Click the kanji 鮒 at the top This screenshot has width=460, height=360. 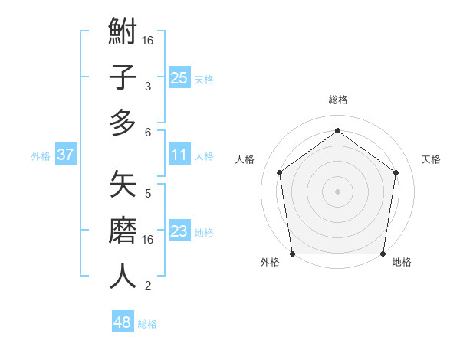point(123,33)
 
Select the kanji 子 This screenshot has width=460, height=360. point(123,78)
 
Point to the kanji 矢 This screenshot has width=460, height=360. point(123,185)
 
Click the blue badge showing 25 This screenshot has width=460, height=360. point(179,78)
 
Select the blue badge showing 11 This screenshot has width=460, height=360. point(179,155)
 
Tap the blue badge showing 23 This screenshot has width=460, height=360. point(179,231)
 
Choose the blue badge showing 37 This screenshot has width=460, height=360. point(66,155)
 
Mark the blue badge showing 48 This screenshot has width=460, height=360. point(122,322)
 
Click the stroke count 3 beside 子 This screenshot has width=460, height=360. point(147,86)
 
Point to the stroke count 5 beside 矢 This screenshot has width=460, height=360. point(147,193)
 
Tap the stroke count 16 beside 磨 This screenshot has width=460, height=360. point(147,239)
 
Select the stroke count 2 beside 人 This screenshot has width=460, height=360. point(147,285)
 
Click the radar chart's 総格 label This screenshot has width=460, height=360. point(337,100)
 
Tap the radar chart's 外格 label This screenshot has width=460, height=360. point(270,263)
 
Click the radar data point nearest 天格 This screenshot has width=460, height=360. point(396,172)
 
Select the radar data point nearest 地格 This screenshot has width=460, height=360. point(383,254)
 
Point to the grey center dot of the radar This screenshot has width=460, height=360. point(337,191)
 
